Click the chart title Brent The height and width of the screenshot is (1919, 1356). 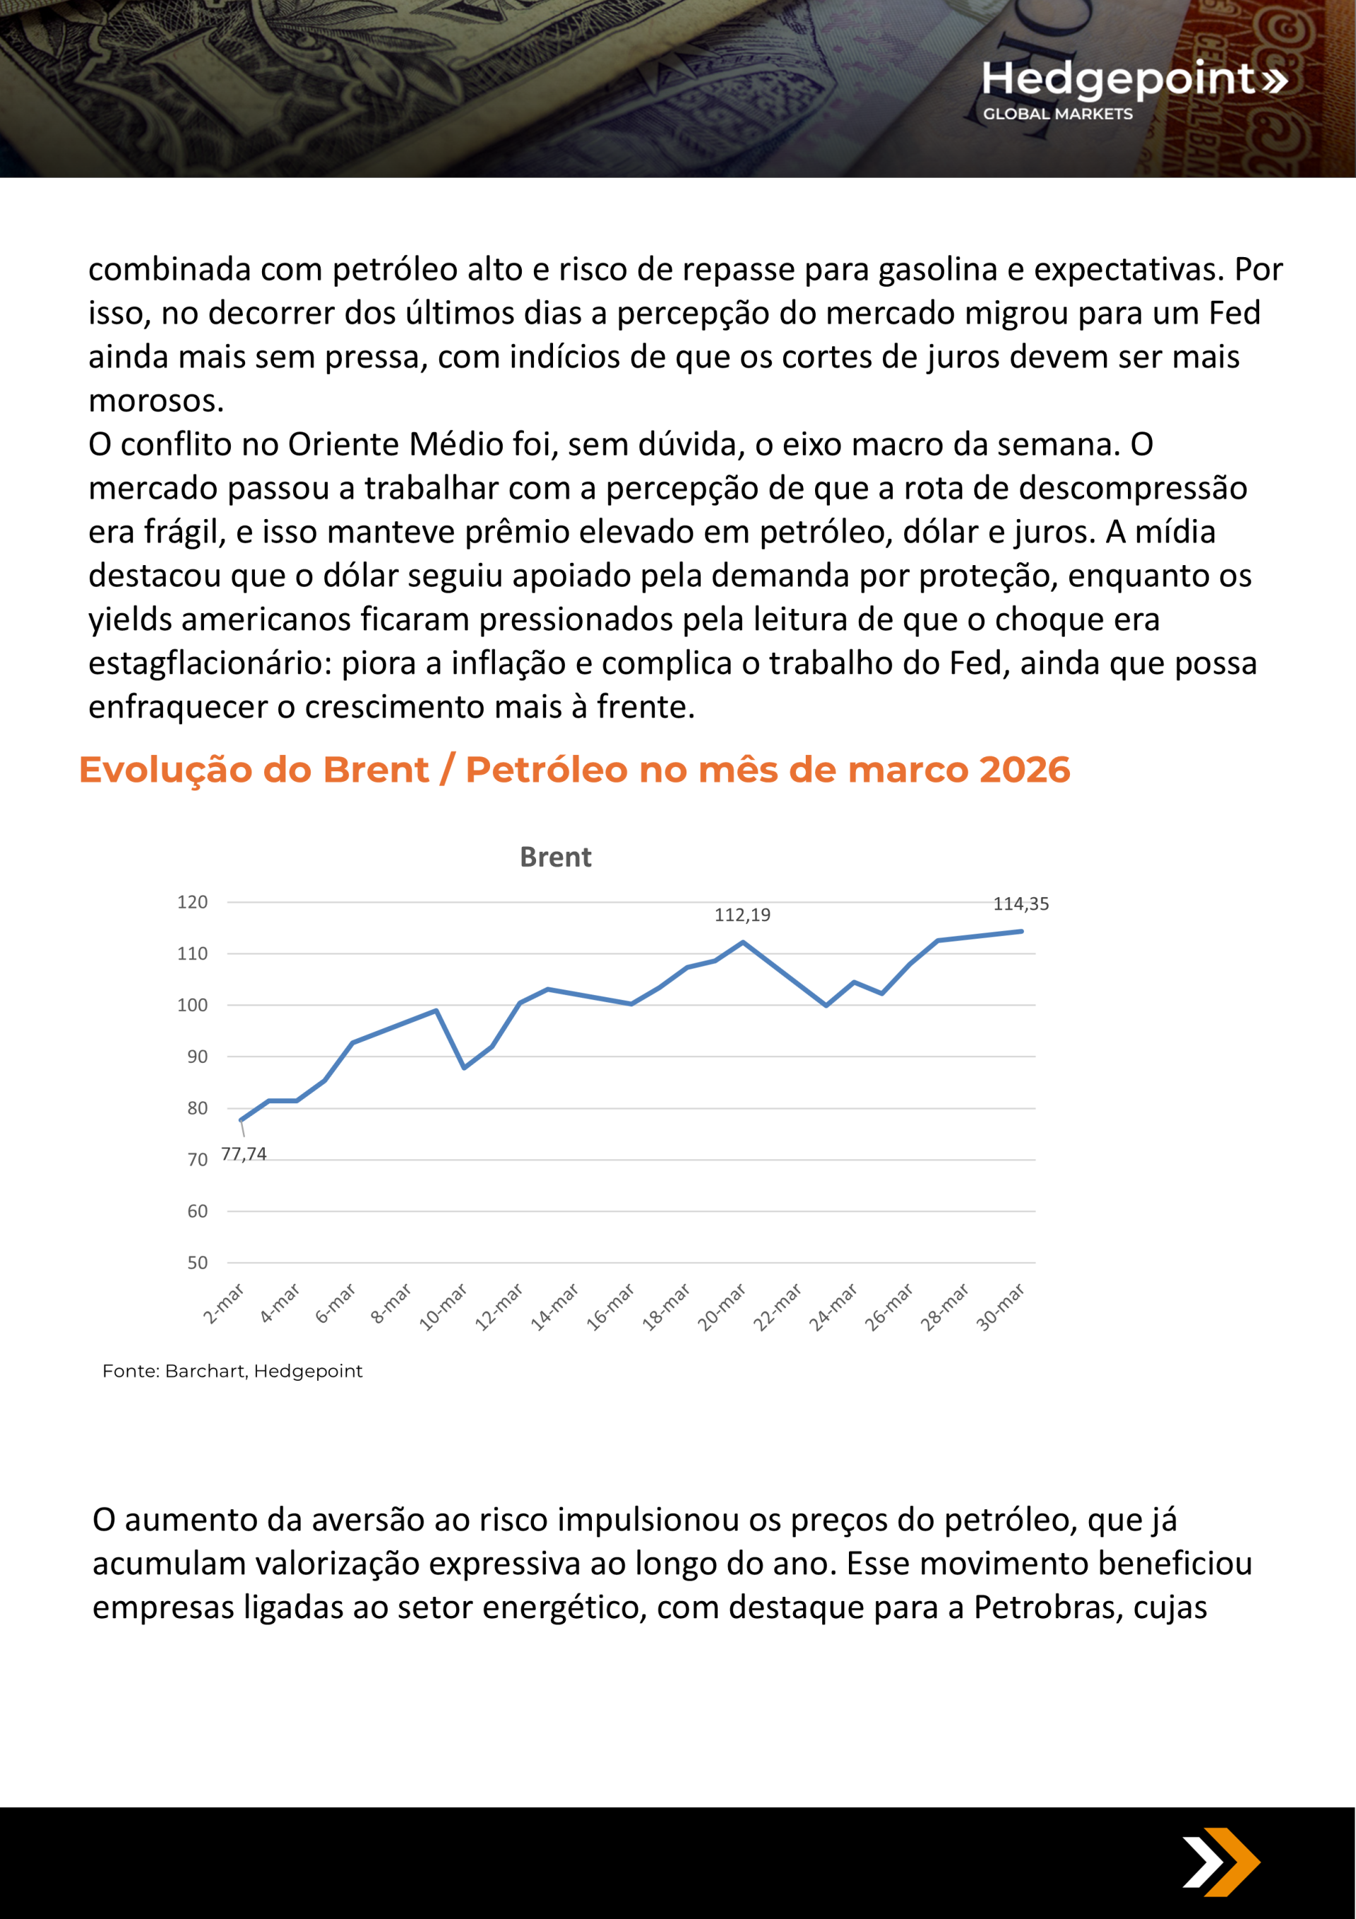555,857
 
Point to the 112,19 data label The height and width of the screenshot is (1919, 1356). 742,915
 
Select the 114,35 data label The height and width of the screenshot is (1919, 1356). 1020,903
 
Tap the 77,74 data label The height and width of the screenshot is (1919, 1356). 243,1154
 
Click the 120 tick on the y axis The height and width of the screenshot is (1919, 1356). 192,902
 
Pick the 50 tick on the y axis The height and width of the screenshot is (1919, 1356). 197,1263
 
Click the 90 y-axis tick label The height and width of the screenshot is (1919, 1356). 197,1057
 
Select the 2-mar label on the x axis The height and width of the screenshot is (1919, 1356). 224,1304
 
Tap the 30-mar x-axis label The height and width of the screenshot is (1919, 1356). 1001,1307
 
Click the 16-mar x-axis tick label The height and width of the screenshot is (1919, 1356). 610,1307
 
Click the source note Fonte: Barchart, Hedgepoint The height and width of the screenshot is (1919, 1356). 232,1371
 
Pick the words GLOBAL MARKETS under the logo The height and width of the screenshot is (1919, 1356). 1057,114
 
